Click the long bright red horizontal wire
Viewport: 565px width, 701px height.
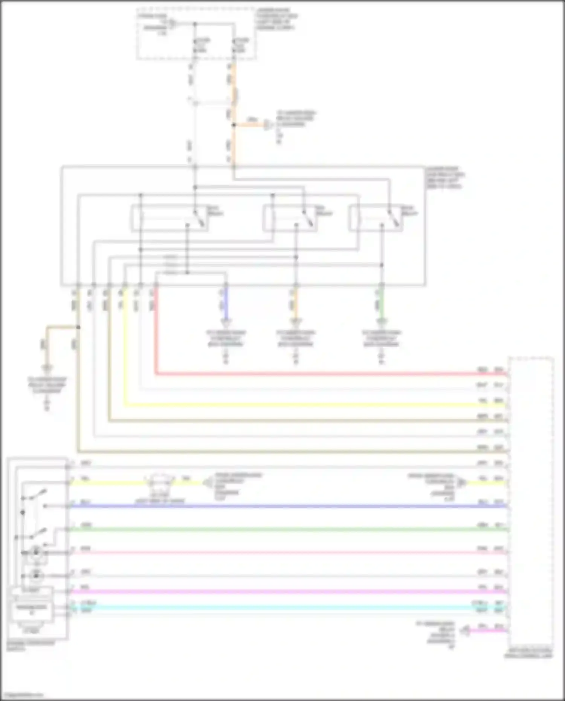click(x=320, y=374)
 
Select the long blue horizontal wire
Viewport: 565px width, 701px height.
click(x=286, y=506)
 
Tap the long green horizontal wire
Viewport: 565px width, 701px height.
click(x=286, y=530)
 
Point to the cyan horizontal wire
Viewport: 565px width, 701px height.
click(x=286, y=607)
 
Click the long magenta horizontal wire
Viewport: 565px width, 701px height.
click(x=286, y=592)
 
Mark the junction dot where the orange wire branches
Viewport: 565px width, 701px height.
click(x=234, y=125)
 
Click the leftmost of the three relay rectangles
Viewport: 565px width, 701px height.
click(x=169, y=218)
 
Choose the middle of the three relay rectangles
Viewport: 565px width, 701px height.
click(x=290, y=218)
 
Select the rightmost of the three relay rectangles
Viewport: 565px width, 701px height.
click(x=376, y=218)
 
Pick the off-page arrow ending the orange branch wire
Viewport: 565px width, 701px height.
click(x=268, y=125)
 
